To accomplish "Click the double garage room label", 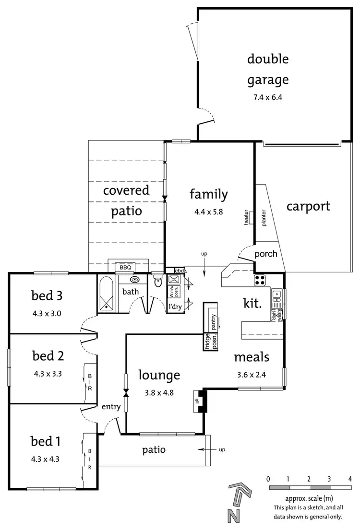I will pos(268,69).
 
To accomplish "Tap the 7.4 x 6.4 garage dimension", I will pos(268,97).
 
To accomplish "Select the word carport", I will pos(308,206).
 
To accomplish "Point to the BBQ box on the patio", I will pos(125,267).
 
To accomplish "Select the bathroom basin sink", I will pos(135,279).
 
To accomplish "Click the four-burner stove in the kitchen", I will pos(260,280).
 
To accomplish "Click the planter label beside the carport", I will pos(264,217).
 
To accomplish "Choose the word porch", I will pos(265,254).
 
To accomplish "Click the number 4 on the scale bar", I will pos(350,479).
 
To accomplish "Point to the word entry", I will pos(111,407).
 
